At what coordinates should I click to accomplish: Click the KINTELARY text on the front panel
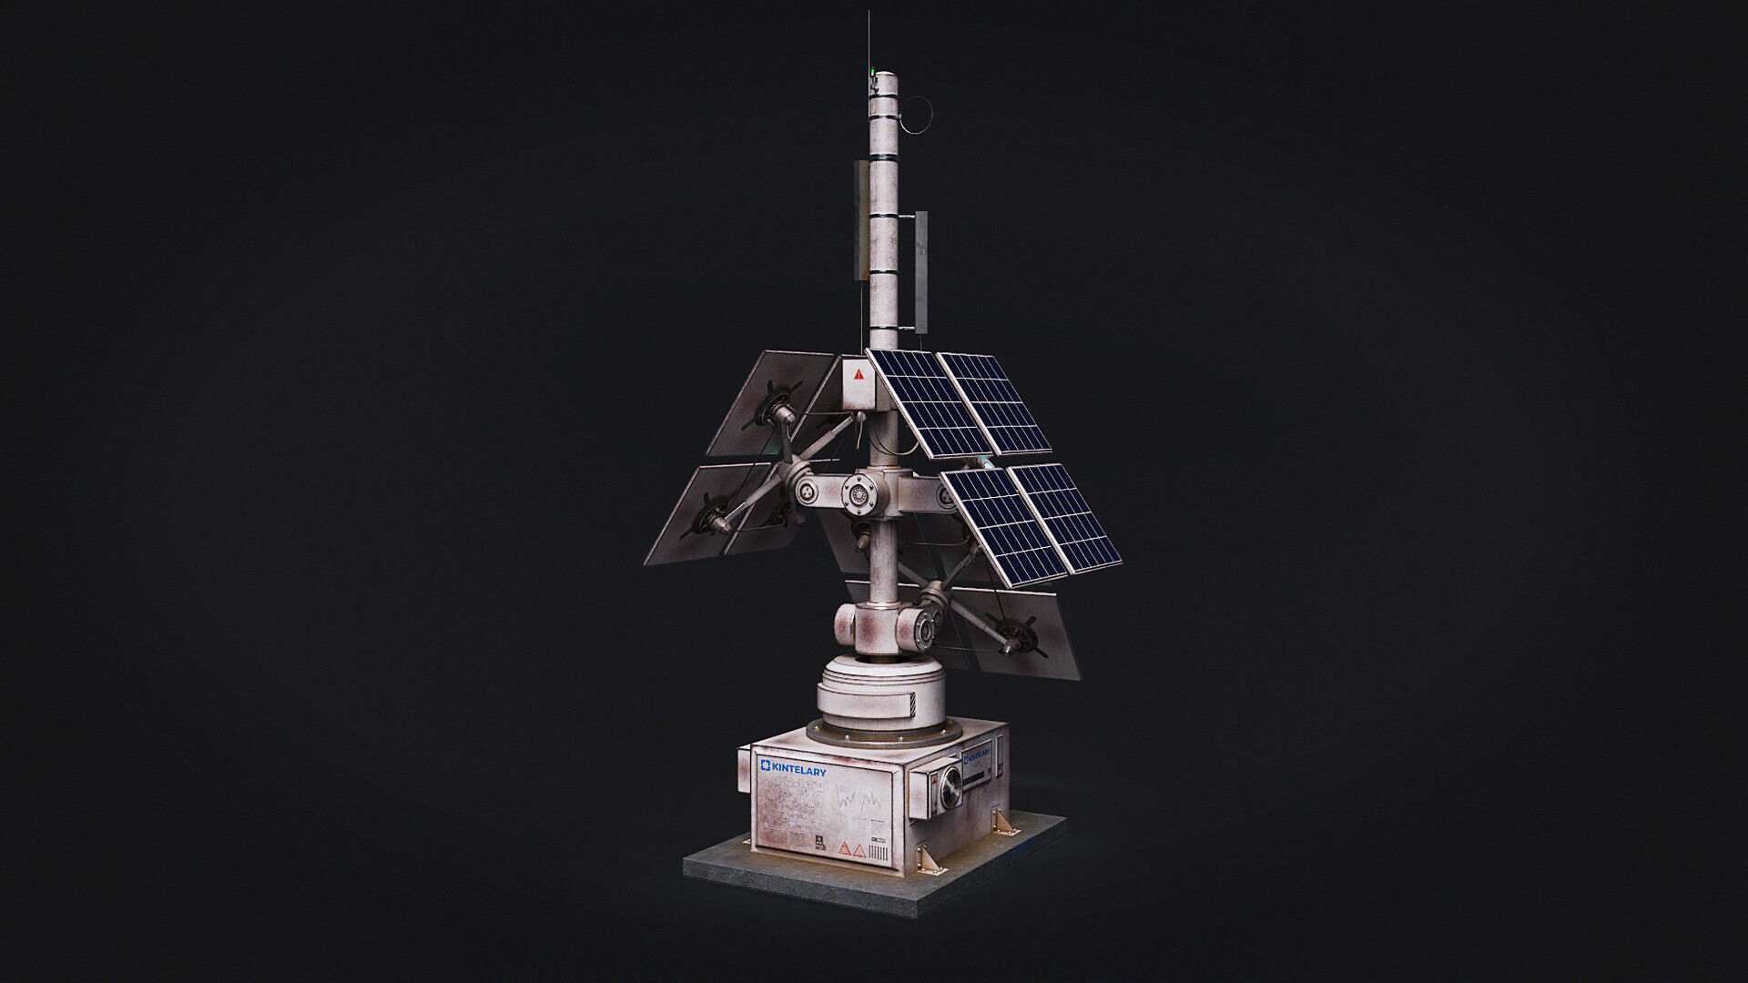click(x=798, y=770)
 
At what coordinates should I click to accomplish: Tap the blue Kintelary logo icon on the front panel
click(x=766, y=765)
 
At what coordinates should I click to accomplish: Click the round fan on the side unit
click(x=950, y=787)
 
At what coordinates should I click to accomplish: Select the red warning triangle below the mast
click(x=859, y=374)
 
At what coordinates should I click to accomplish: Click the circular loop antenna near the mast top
click(x=918, y=115)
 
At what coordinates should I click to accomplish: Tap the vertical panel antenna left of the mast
click(x=861, y=221)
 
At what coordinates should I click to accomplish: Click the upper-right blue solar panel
click(x=995, y=402)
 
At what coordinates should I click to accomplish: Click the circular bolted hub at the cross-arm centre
click(x=859, y=494)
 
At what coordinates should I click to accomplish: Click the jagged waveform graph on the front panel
click(x=857, y=802)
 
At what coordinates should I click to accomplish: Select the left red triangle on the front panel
click(x=844, y=848)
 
